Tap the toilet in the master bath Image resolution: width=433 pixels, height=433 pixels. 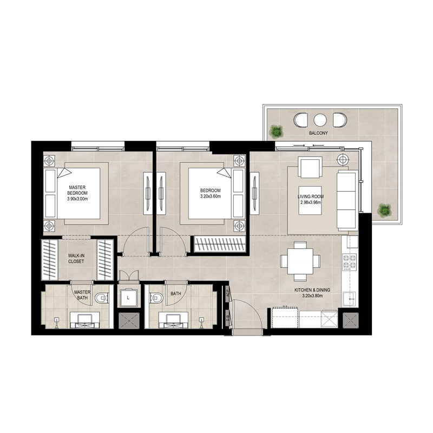click(x=101, y=298)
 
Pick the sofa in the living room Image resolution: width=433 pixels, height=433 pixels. click(x=346, y=199)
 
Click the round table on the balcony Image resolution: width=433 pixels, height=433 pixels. click(x=320, y=120)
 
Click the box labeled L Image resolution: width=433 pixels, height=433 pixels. click(x=128, y=298)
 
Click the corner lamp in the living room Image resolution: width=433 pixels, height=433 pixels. click(x=343, y=159)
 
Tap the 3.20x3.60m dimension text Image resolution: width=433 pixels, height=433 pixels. click(x=211, y=197)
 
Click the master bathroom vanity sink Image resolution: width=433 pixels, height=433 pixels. click(x=85, y=319)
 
